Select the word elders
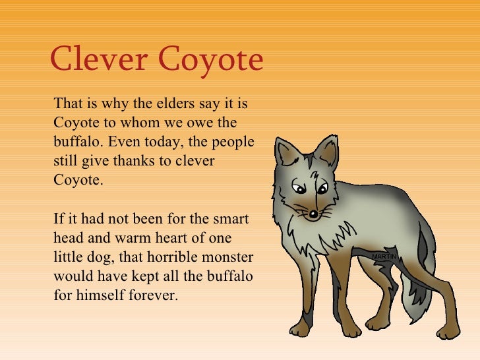click(x=175, y=104)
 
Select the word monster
click(x=226, y=256)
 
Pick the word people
click(x=235, y=142)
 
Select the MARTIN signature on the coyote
click(x=384, y=256)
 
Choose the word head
click(x=68, y=237)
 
